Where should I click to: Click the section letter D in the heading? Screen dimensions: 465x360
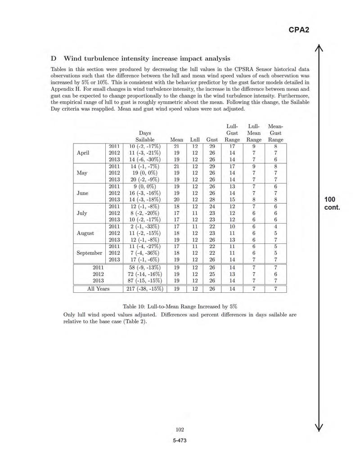53,58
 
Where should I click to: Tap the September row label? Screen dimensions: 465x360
89,253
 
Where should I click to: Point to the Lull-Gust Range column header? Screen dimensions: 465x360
232,133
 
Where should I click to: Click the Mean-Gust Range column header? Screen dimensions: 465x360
275,133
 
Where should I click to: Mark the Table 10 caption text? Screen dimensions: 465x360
180,306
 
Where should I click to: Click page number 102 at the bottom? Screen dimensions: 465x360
180,430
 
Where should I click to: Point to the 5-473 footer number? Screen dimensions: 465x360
180,440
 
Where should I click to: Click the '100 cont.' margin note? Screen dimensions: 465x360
332,203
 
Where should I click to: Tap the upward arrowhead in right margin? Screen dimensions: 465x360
319,48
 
